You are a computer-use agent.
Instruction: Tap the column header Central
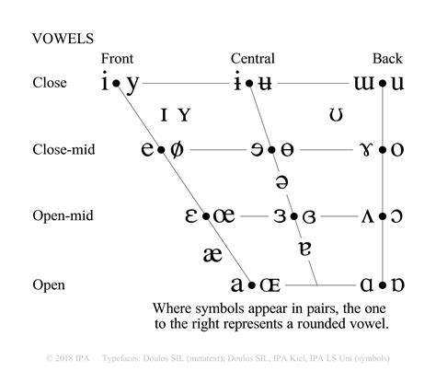click(252, 59)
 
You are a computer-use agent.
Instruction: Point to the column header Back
click(387, 59)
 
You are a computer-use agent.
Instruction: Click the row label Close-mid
click(63, 148)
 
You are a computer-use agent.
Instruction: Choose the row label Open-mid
click(63, 216)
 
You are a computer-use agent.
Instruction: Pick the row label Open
click(47, 284)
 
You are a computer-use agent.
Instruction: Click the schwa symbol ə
click(281, 182)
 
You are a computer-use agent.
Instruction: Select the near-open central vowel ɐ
click(305, 249)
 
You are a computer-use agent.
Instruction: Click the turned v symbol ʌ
click(365, 217)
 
